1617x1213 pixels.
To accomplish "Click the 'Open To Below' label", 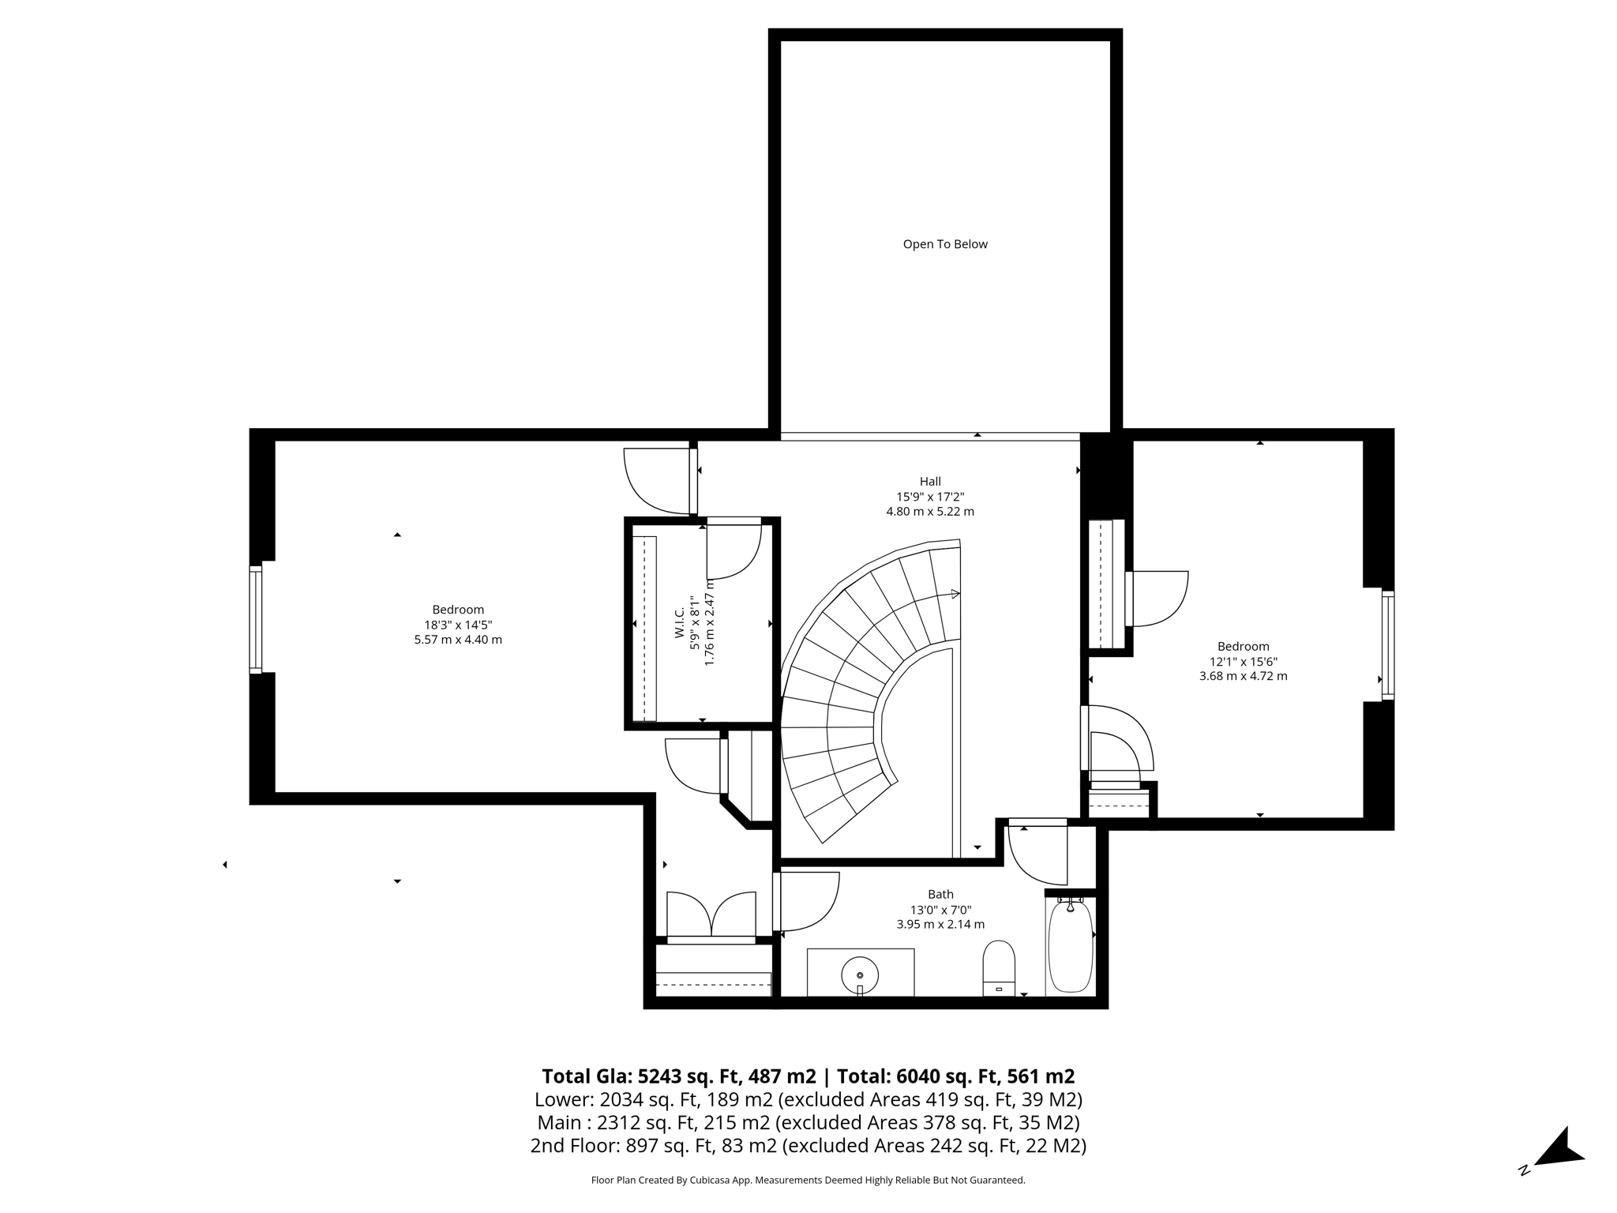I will pos(945,244).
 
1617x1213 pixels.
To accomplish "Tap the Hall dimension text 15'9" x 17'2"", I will pos(930,497).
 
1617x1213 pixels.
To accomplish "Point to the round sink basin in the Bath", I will pos(860,975).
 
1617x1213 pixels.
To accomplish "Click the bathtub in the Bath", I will pos(1070,946).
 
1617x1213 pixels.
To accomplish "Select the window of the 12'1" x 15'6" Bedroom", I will pos(1387,644).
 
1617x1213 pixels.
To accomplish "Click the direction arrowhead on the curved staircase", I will pos(955,594).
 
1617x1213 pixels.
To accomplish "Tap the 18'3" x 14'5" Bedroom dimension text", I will pos(458,625).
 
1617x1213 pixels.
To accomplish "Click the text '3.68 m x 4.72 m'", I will pos(1243,676).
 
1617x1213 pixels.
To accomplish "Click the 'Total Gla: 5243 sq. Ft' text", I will pos(678,1076).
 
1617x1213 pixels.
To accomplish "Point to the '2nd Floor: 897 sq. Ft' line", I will pos(808,1145).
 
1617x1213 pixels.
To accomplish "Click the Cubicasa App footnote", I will pos(808,1180).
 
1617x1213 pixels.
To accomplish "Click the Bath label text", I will pos(940,894).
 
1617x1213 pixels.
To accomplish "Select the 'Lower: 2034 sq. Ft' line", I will pos(808,1099).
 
